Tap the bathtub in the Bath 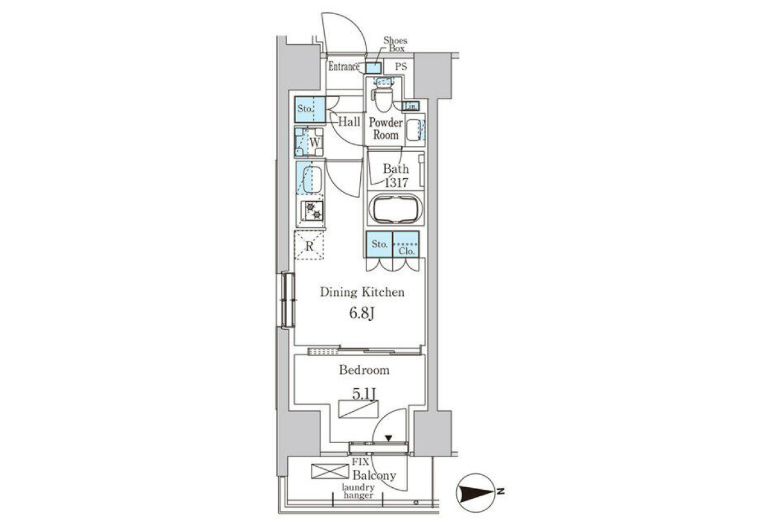point(395,209)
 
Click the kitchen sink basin point(311,180)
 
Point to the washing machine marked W point(309,142)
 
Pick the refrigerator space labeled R point(309,245)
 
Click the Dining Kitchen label point(362,292)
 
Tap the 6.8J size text point(361,313)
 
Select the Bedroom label point(364,370)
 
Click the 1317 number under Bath point(396,182)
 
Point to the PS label point(401,66)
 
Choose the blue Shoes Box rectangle point(373,69)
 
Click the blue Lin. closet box point(411,106)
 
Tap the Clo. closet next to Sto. point(406,244)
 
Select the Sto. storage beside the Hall point(310,109)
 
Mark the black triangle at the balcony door point(388,438)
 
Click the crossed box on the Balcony point(330,471)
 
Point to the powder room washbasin point(413,130)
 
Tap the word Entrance point(344,67)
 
